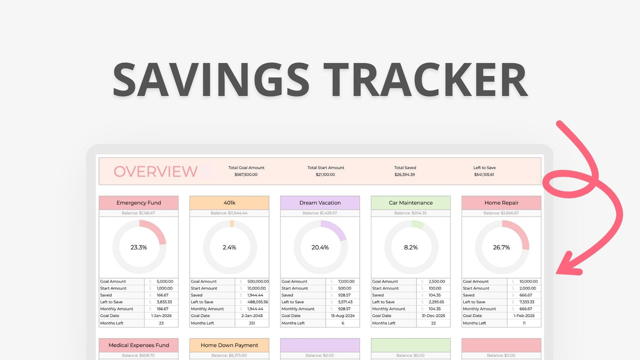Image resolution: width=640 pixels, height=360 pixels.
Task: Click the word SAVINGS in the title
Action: click(211, 80)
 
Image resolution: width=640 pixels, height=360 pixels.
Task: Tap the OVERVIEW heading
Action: click(155, 171)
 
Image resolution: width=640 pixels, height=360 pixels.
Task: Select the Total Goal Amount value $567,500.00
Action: click(246, 174)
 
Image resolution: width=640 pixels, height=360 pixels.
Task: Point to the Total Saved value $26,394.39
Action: click(404, 174)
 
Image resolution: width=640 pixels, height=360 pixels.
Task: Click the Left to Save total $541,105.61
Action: click(484, 174)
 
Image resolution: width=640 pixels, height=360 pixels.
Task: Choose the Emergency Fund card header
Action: click(139, 203)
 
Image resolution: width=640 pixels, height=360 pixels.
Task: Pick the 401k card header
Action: click(230, 203)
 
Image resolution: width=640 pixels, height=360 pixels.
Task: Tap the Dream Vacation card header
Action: click(320, 203)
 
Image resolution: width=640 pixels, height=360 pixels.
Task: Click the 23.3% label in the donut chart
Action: click(139, 247)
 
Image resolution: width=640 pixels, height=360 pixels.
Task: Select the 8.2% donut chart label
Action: click(411, 247)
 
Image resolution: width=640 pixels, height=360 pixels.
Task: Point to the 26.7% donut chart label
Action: click(501, 247)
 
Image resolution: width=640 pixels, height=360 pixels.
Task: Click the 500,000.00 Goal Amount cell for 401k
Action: click(258, 282)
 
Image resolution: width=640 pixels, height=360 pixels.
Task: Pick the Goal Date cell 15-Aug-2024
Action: click(343, 316)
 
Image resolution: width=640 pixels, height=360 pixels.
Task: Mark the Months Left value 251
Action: click(252, 323)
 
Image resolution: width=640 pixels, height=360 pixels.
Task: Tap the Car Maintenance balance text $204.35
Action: click(410, 213)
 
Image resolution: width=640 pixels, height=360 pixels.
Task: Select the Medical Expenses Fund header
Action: click(139, 345)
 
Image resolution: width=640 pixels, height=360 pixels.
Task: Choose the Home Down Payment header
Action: click(230, 345)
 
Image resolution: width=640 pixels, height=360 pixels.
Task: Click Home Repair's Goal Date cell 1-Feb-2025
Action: click(524, 316)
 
